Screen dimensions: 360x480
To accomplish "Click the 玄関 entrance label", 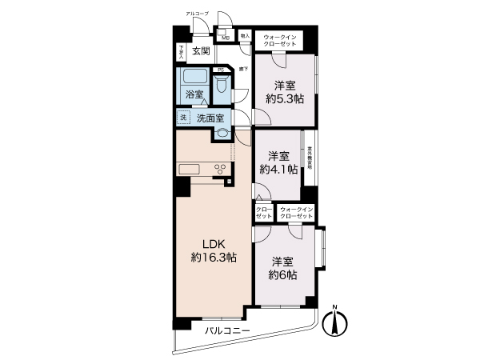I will tap(201, 51).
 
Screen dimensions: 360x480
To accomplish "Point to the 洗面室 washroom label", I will tap(210, 118).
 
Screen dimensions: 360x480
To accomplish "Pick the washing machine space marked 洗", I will tap(183, 117).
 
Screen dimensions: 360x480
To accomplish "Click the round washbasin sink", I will tap(220, 134).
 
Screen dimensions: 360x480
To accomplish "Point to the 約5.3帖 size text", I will tap(285, 99).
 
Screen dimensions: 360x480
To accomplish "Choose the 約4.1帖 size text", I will tap(278, 169).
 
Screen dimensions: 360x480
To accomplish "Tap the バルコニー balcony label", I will tap(228, 330).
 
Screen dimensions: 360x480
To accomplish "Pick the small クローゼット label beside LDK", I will tap(263, 213).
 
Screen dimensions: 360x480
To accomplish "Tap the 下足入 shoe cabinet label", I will tap(182, 52).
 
